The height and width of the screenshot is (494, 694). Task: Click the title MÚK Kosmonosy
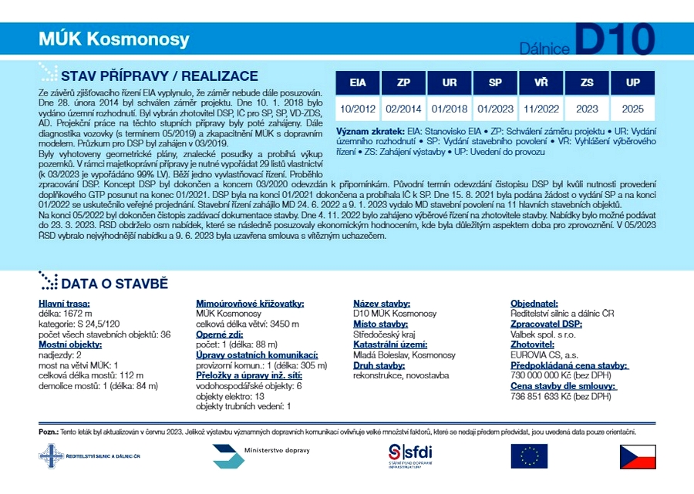point(113,39)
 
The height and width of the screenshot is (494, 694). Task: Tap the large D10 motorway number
point(614,39)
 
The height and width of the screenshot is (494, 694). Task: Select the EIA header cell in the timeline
point(358,82)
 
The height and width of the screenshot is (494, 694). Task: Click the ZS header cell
point(588,82)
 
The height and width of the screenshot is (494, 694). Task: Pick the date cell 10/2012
point(358,109)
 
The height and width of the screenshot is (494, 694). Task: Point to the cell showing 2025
point(633,109)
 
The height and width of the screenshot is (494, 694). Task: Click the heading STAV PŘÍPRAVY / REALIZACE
point(159,76)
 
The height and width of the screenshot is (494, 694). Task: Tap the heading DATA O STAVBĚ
point(114,284)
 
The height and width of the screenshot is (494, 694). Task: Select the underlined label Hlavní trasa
point(65,304)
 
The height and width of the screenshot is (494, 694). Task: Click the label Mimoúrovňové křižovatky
point(250,304)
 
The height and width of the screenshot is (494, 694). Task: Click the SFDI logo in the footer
point(410,455)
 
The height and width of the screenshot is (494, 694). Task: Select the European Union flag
point(529,456)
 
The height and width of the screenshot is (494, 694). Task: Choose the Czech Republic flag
point(638,456)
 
